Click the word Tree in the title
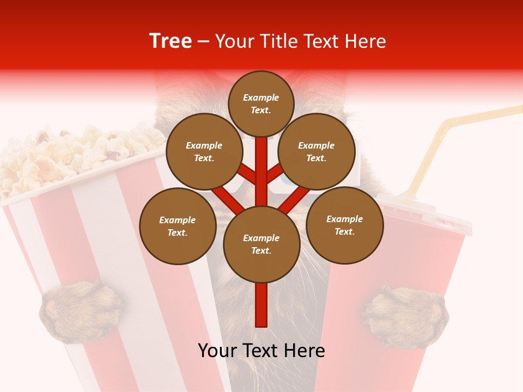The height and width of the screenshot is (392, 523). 171,41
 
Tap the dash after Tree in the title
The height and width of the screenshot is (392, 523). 203,42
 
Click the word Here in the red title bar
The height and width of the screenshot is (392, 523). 366,41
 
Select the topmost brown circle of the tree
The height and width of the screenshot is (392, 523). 261,103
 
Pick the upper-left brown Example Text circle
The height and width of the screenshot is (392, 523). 204,151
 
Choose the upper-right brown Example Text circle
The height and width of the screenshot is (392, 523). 317,151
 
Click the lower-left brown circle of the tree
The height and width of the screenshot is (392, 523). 178,226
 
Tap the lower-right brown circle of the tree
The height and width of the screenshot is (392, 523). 344,225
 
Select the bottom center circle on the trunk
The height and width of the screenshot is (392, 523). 261,244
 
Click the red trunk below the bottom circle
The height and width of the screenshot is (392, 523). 261,305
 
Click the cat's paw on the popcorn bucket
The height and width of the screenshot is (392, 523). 81,310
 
